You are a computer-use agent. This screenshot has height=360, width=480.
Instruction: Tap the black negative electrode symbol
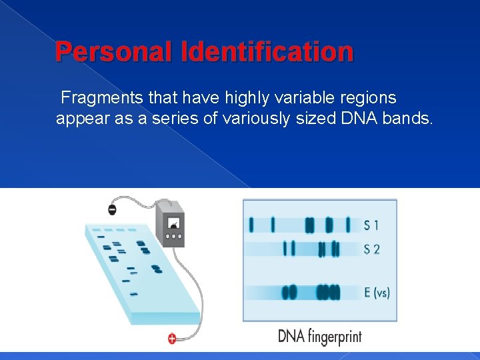[112, 210]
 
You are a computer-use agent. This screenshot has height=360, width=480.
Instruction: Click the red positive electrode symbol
[172, 339]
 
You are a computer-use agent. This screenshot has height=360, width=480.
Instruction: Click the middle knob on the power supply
[174, 236]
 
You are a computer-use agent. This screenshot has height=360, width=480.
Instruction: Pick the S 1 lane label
[371, 225]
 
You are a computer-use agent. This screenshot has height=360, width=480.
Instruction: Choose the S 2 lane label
[371, 249]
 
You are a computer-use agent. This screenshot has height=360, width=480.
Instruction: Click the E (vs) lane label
[377, 292]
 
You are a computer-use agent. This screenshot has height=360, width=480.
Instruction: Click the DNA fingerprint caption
[319, 336]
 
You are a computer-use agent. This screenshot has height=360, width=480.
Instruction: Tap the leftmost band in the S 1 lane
[251, 225]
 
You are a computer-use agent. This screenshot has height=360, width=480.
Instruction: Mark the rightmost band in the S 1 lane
[347, 225]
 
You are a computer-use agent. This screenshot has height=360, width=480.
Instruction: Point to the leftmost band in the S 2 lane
[285, 249]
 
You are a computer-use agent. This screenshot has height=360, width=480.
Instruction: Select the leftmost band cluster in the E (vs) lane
[289, 292]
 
